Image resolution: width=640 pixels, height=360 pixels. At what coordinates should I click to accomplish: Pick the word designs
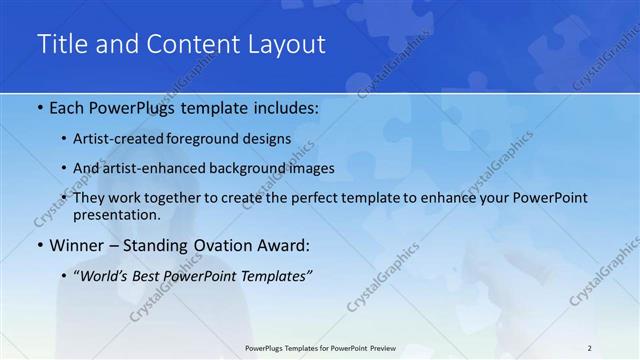269,138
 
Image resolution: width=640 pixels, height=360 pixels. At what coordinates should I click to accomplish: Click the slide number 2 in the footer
590,347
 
